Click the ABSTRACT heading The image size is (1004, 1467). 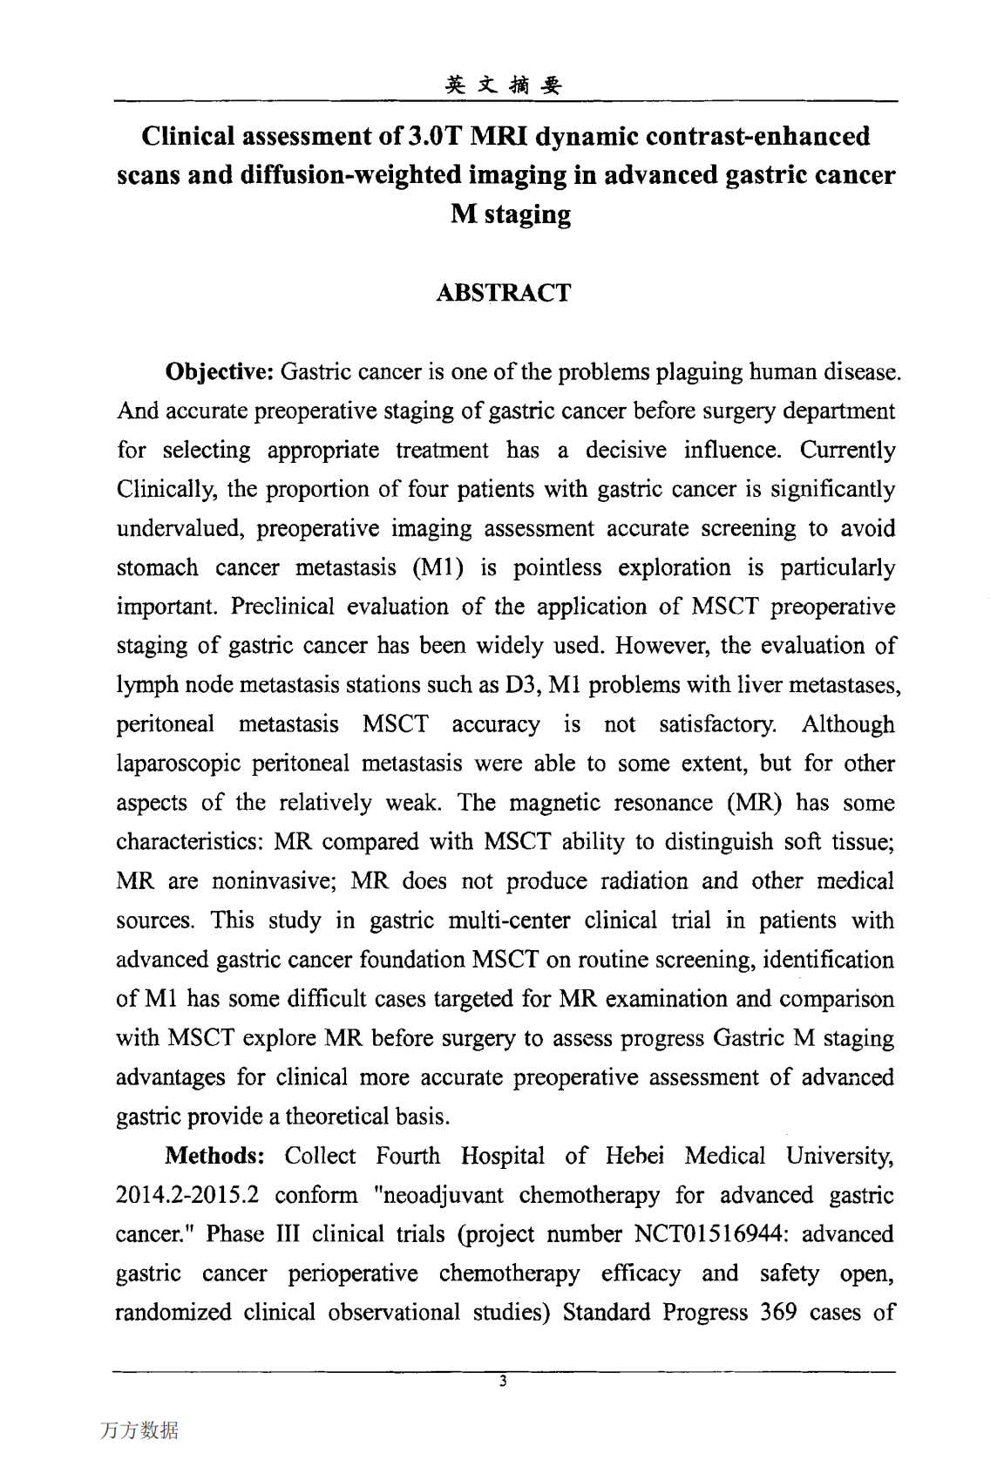pos(503,293)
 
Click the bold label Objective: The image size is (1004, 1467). pos(220,372)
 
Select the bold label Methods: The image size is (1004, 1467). pos(214,1156)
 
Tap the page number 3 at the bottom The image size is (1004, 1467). pos(503,1381)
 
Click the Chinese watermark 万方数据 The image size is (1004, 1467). pos(139,1430)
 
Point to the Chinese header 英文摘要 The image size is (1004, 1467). pos(504,85)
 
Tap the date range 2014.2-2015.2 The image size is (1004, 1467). pos(187,1195)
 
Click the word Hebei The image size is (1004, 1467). pos(634,1156)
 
